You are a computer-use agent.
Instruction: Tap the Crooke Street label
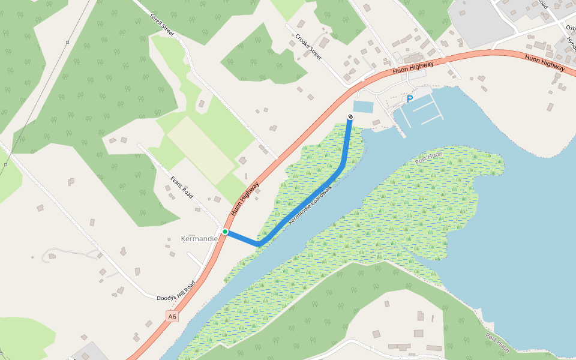point(308,47)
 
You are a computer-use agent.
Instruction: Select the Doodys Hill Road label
point(176,290)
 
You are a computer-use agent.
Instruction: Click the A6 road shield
point(172,316)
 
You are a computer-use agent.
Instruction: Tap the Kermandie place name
point(199,239)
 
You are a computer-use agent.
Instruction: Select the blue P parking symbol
point(410,99)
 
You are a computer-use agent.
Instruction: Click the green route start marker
point(225,232)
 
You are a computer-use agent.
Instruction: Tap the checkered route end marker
point(350,116)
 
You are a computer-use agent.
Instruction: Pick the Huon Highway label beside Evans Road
point(245,199)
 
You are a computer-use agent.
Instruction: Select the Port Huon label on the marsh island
point(428,158)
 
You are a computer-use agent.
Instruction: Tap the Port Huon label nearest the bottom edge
point(497,343)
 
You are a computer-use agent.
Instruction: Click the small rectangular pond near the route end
point(363,107)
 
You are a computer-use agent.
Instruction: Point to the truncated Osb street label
point(571,28)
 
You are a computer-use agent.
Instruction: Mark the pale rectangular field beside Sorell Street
point(200,150)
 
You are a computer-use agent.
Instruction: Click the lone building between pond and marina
point(376,122)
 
